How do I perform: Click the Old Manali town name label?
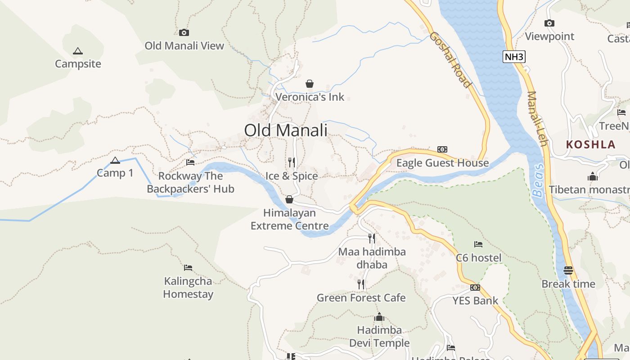[x=286, y=130]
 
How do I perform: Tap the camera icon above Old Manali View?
[x=184, y=32]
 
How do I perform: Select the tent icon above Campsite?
[x=78, y=51]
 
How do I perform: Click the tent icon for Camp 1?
[x=115, y=160]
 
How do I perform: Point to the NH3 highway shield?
[x=514, y=57]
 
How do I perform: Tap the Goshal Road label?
[x=450, y=59]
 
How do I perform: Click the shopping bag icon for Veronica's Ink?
[x=310, y=84]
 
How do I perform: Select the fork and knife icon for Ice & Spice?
[x=292, y=162]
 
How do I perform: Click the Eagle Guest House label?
[x=442, y=163]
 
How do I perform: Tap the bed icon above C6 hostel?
[x=478, y=244]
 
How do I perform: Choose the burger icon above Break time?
[x=568, y=270]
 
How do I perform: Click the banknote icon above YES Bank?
[x=475, y=288]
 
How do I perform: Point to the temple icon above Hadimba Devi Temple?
[x=379, y=317]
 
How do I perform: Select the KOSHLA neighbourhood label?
[x=590, y=144]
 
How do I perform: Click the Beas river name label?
[x=538, y=180]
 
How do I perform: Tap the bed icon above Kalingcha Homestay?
[x=188, y=268]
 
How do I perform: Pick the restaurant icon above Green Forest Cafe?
[x=361, y=284]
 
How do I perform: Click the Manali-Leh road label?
[x=537, y=119]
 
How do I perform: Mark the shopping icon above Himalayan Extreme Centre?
[x=289, y=199]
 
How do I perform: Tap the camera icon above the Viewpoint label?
[x=549, y=23]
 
